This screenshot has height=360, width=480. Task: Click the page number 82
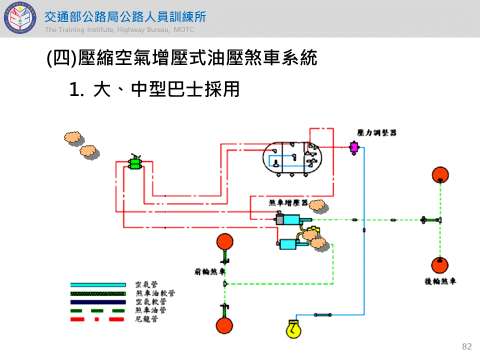[467, 346]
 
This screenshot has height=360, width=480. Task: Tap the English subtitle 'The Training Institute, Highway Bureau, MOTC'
[119, 30]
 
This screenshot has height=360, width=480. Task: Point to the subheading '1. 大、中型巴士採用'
[154, 89]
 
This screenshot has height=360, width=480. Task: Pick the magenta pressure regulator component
[354, 147]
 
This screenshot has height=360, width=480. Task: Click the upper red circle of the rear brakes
[440, 175]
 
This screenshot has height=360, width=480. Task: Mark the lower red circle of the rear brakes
[440, 265]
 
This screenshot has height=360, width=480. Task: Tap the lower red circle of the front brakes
[224, 325]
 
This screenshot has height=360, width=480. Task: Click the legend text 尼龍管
[147, 318]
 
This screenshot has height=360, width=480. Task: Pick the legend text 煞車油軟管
[155, 293]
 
